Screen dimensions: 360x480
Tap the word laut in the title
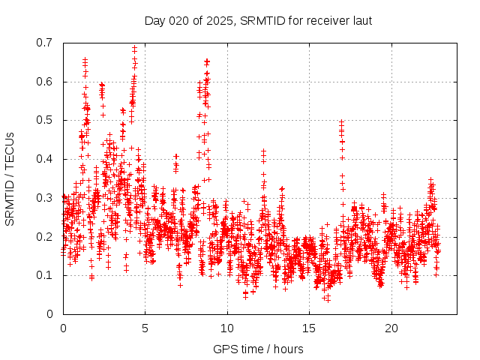[x=361, y=20]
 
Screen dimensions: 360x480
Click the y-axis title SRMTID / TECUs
[x=10, y=178]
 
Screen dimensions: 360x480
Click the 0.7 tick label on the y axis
[x=46, y=43]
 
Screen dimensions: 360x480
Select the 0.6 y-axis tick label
[x=46, y=82]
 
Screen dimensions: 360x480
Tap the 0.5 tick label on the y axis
[x=46, y=120]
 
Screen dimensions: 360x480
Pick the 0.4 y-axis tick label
[x=46, y=159]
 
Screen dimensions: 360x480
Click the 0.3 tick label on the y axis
[x=46, y=198]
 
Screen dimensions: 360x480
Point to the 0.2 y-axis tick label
[x=46, y=236]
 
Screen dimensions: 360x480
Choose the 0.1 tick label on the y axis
[x=46, y=275]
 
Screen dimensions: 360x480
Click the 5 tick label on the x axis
[x=145, y=328]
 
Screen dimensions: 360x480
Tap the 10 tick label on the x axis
[x=227, y=328]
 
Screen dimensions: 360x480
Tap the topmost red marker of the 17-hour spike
[x=341, y=121]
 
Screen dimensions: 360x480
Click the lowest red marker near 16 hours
[x=326, y=299]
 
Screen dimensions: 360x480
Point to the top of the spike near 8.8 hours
[x=207, y=61]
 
